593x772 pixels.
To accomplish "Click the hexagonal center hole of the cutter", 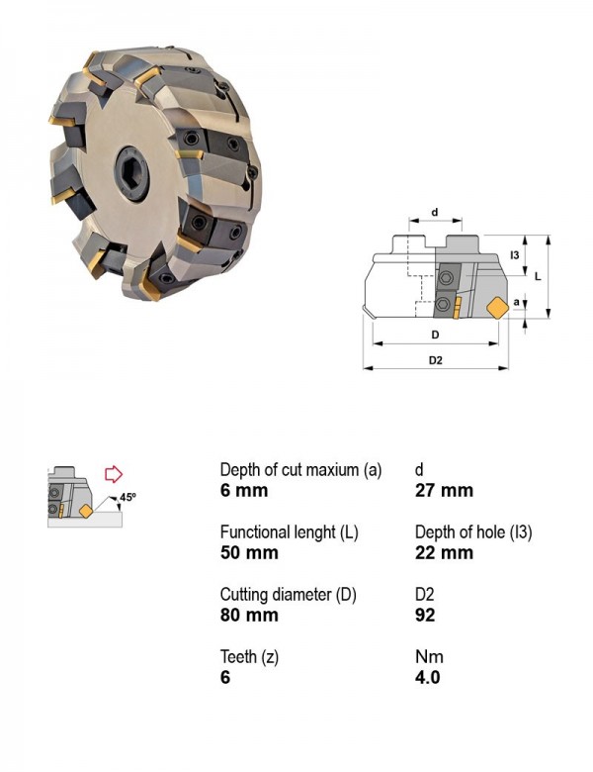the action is click(x=131, y=173).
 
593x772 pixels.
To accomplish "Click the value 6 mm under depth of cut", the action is click(x=244, y=490).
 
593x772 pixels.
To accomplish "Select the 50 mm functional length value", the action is click(x=249, y=552).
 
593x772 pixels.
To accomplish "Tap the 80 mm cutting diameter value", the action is click(x=249, y=615).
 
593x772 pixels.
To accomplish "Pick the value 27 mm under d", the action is click(x=444, y=490).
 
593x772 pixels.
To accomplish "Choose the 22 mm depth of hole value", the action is click(x=444, y=552).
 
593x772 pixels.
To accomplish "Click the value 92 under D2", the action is click(x=425, y=615).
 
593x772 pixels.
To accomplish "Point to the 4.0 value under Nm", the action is click(x=427, y=677).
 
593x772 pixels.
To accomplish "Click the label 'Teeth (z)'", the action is click(x=249, y=657).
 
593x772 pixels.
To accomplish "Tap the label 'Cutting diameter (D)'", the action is click(x=289, y=595).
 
